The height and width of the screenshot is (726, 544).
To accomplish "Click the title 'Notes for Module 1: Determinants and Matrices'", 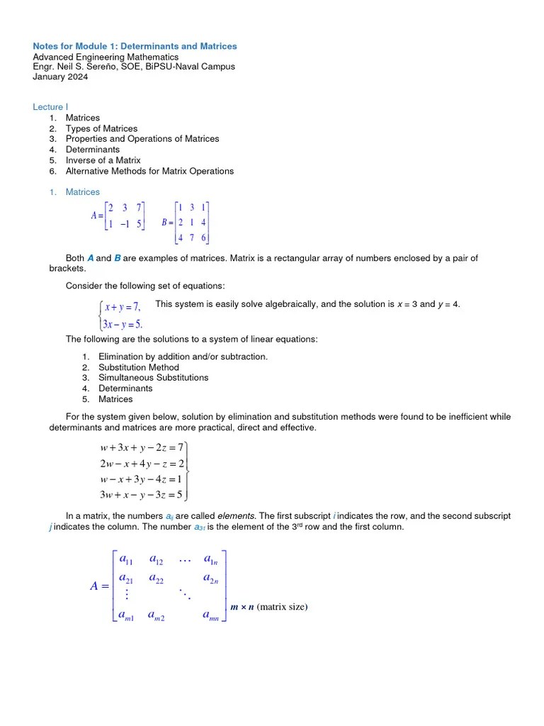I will pos(135,46).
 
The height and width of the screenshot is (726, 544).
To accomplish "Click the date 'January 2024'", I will pos(61,77).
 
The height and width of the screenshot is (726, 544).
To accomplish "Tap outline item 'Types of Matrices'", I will pos(101,128).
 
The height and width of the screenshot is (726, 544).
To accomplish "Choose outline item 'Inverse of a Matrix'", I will pos(103,160).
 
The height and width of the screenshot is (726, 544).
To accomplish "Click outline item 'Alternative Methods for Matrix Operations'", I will pos(149,171).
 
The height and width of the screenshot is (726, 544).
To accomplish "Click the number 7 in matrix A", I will pos(140,208).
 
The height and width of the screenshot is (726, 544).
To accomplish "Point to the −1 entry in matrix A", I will pos(124,225).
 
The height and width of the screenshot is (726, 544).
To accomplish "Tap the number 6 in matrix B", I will pos(204,238).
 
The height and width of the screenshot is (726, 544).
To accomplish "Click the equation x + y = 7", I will pos(122,307).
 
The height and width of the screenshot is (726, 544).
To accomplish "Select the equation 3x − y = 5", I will pos(122,324).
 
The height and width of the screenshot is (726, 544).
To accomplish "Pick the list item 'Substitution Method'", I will pos(138,367).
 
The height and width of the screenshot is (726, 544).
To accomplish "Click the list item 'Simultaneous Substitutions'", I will pos(153,378).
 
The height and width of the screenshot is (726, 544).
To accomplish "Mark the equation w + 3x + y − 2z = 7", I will pos(142,447).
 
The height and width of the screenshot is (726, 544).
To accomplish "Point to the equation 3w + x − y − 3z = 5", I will pos(141,494).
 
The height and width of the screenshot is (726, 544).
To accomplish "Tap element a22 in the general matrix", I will pos(156,579).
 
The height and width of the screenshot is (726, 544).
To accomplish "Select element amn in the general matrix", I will pos(210,616).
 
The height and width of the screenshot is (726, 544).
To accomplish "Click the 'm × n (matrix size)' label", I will pos(269,607).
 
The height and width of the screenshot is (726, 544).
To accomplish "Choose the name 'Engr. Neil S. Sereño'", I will pos(75,67).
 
